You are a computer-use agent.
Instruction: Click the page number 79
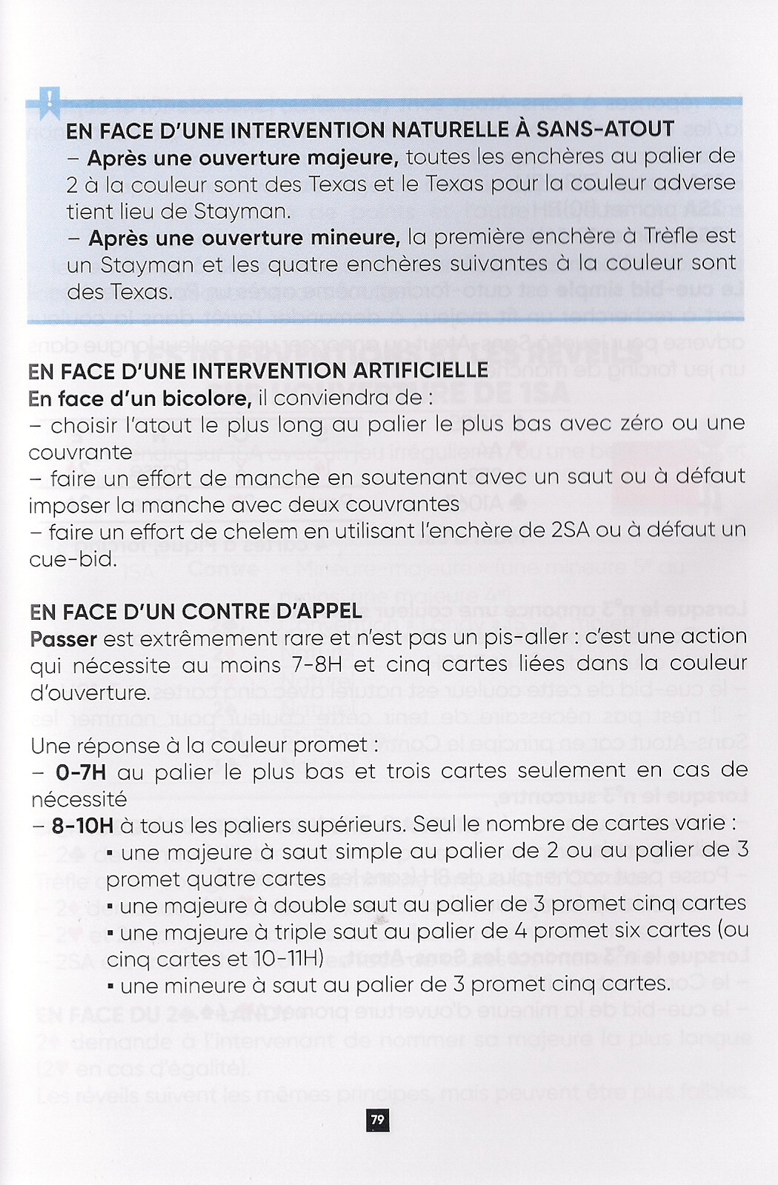click(x=378, y=1119)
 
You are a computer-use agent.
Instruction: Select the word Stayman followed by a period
click(x=242, y=212)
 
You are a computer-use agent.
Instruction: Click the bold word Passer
click(x=64, y=638)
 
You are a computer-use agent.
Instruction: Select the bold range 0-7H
click(x=81, y=772)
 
